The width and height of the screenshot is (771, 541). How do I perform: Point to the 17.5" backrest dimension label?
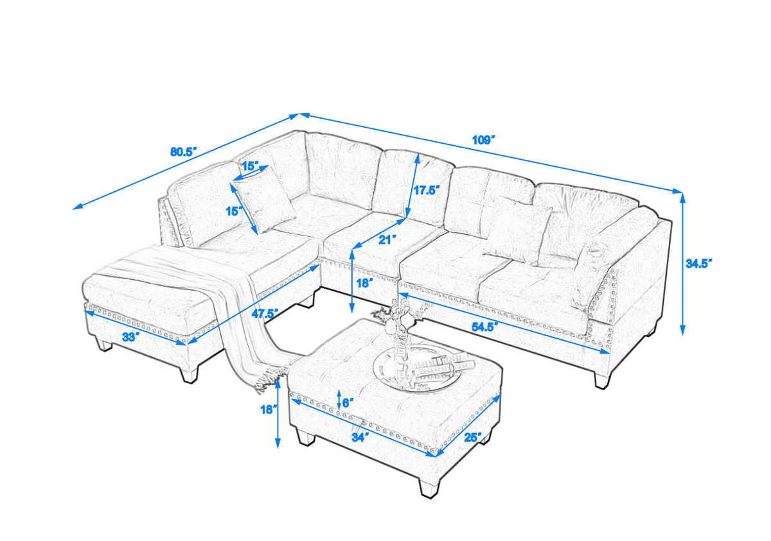click(425, 191)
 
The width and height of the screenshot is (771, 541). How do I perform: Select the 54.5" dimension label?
click(486, 326)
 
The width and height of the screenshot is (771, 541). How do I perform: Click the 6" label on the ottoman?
click(347, 403)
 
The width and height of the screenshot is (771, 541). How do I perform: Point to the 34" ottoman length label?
click(360, 437)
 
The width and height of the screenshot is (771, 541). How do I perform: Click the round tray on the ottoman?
click(421, 368)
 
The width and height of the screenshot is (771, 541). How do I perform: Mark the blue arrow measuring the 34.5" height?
click(682, 263)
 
